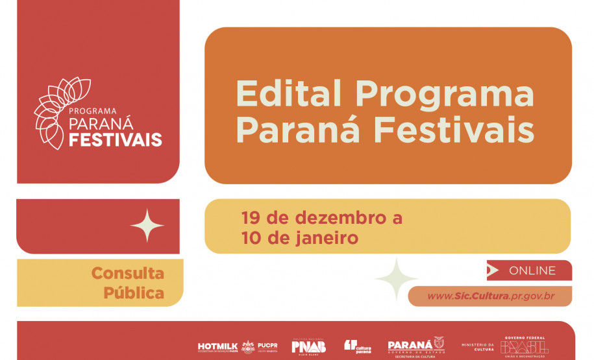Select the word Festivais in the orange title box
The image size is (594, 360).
tap(454, 131)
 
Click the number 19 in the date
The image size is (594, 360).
tap(252, 217)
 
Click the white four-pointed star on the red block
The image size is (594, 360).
tap(147, 226)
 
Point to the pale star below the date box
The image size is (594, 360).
tap(396, 279)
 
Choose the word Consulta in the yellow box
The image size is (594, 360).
tap(127, 273)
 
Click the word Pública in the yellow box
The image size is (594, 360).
tap(133, 293)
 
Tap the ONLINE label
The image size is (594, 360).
tap(532, 270)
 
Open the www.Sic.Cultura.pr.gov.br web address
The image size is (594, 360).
tap(490, 296)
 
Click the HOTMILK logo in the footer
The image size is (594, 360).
tap(218, 347)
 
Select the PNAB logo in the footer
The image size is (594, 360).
tap(308, 347)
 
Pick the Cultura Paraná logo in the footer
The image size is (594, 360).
tap(358, 347)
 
